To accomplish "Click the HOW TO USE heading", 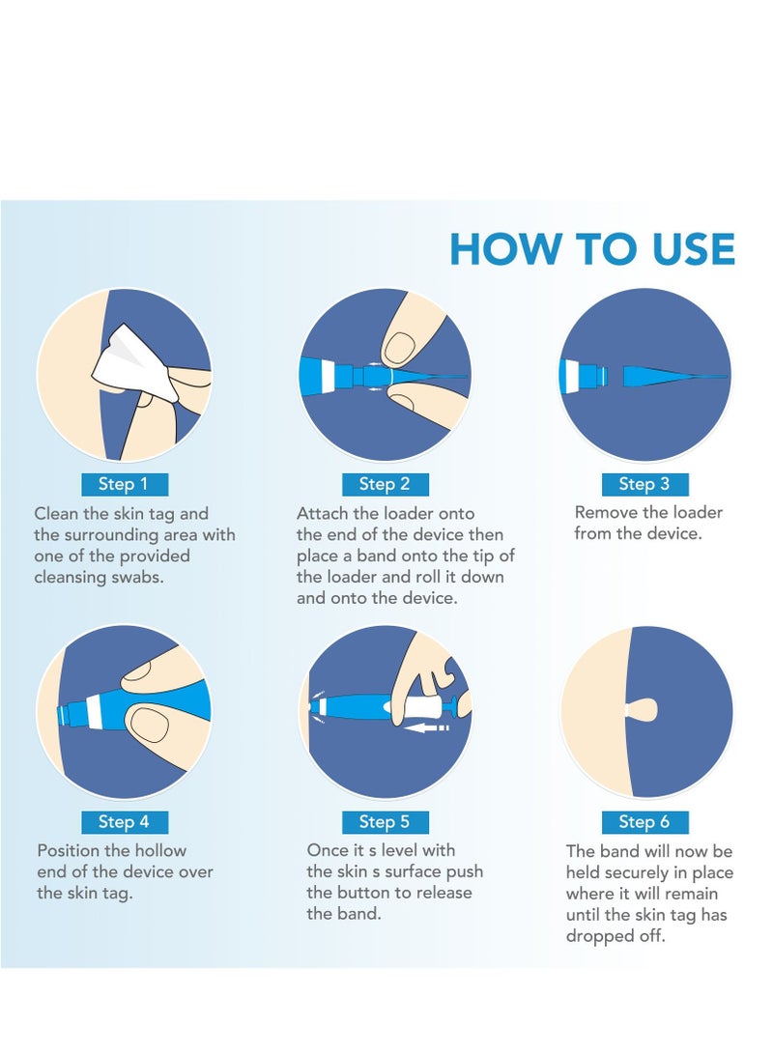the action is (x=592, y=248).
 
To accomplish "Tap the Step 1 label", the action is (x=124, y=484).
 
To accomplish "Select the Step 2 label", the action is (x=385, y=484).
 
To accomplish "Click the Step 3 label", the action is (x=644, y=484).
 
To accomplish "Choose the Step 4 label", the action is (x=124, y=821).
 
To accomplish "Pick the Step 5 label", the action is (x=385, y=821).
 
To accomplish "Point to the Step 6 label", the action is (x=644, y=821).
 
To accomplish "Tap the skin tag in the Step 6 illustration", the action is (x=642, y=708).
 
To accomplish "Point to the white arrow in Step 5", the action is (x=427, y=727).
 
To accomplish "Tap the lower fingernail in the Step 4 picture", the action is (x=148, y=725).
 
